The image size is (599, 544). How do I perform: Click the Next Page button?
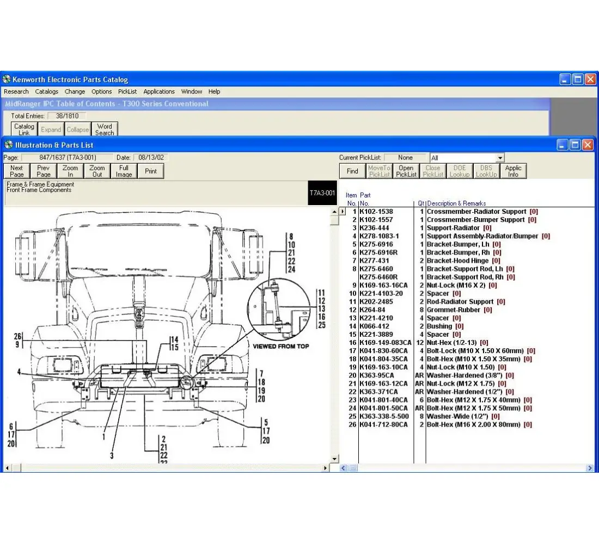click(17, 171)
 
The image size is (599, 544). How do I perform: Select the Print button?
click(151, 171)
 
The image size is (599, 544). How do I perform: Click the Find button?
click(352, 171)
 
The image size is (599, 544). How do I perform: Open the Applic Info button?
click(513, 171)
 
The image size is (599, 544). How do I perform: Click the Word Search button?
click(105, 129)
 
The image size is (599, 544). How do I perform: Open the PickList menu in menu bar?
click(127, 91)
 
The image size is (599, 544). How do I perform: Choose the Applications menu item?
click(159, 91)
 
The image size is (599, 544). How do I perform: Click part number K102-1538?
click(376, 212)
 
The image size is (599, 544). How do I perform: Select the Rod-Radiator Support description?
click(460, 301)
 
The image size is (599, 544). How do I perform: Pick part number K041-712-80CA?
click(383, 424)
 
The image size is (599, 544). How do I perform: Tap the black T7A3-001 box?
click(322, 193)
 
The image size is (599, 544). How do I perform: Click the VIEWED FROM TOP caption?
click(281, 347)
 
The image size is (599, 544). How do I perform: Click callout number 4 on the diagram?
click(19, 372)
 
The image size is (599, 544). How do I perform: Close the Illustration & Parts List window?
click(588, 145)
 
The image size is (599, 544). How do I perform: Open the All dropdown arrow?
click(500, 158)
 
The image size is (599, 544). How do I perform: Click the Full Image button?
click(124, 171)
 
